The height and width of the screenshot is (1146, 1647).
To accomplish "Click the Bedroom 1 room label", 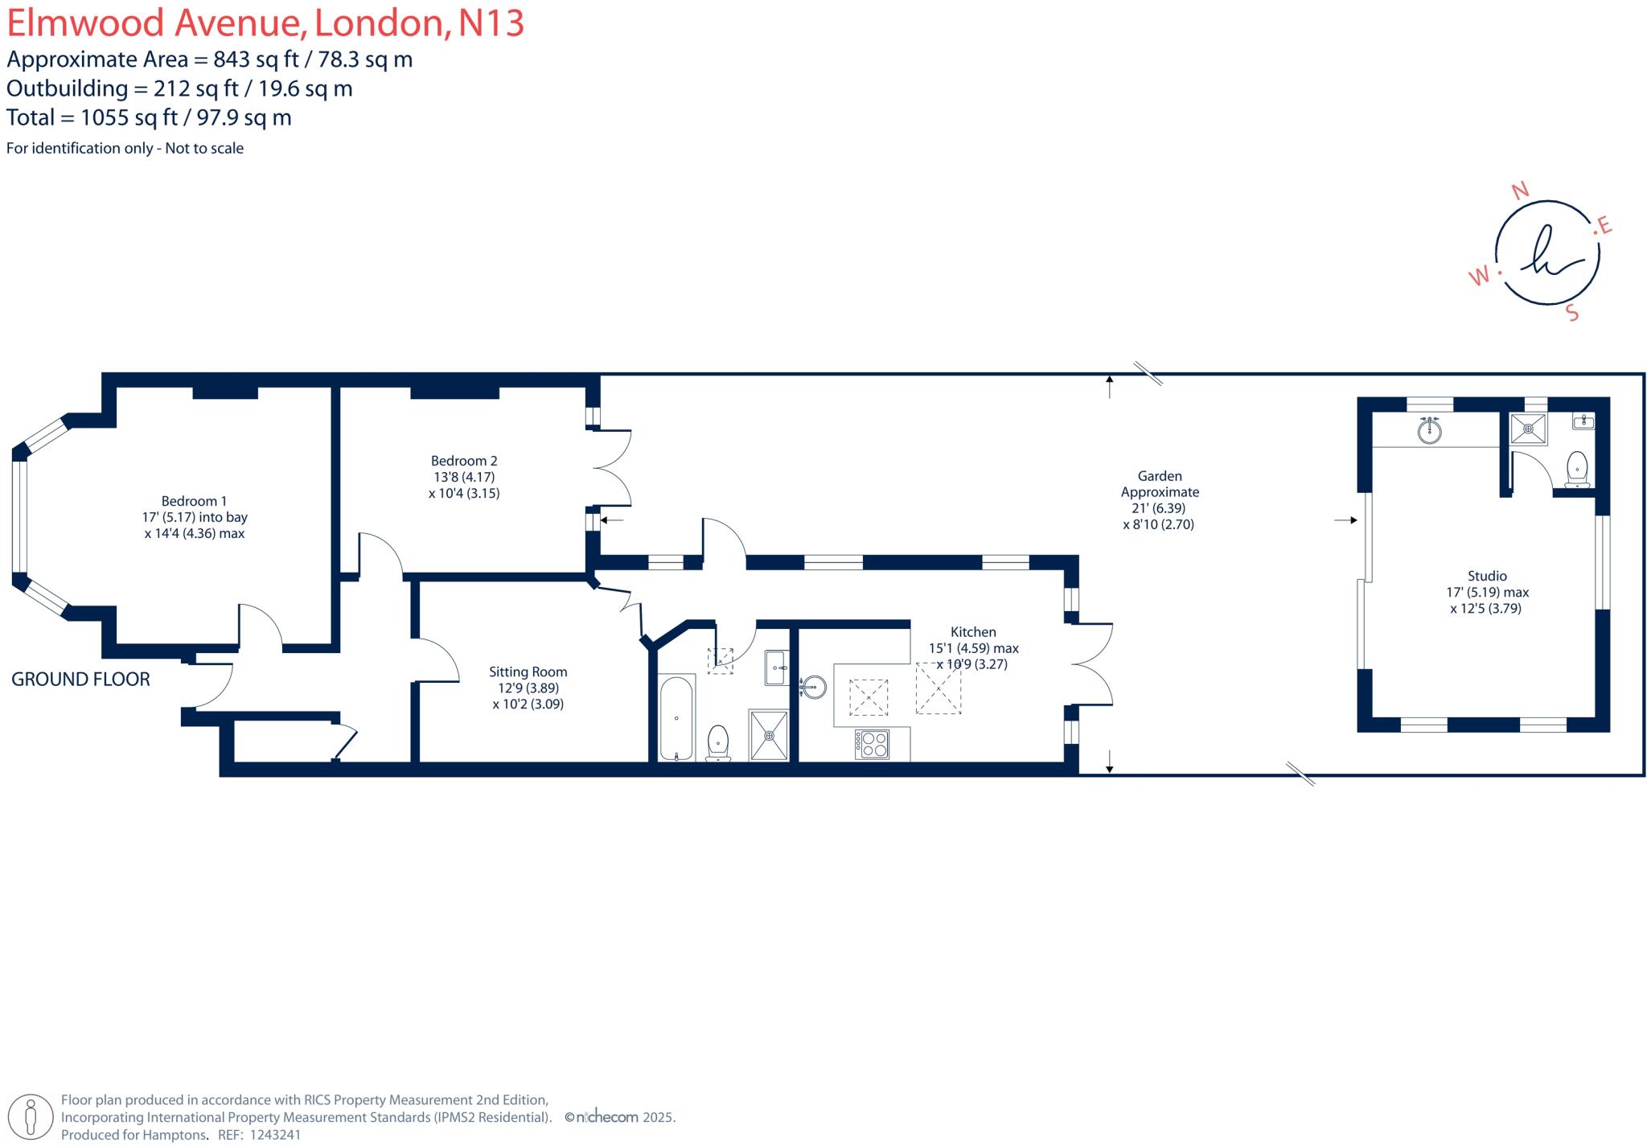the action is tap(194, 501).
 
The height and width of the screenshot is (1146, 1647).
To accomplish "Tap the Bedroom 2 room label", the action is tap(464, 461).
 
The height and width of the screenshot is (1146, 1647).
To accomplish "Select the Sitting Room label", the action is tap(528, 672).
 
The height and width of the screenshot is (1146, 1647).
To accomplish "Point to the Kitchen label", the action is tap(973, 632).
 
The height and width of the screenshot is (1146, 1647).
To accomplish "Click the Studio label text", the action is tap(1487, 576).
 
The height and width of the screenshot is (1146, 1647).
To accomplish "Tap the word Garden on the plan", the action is tap(1160, 476).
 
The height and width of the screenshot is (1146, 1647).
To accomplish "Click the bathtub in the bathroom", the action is tap(676, 718).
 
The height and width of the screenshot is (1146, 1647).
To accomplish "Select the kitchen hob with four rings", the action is tap(872, 743).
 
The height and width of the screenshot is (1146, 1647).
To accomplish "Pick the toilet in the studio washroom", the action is tap(1578, 468).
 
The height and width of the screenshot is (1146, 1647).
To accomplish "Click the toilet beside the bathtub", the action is tap(717, 741).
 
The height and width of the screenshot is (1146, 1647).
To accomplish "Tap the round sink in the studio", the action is tap(1429, 431).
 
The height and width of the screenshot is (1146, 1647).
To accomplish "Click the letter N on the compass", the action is tap(1520, 191).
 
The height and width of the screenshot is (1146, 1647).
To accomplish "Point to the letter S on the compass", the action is tap(1573, 314).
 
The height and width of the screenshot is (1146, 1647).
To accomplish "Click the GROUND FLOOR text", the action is tap(80, 680).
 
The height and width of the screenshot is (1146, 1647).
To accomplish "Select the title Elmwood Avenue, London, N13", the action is tap(265, 23).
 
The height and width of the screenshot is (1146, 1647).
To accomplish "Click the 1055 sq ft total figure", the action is tap(129, 117).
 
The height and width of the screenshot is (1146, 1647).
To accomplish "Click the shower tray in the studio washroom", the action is tap(1528, 429).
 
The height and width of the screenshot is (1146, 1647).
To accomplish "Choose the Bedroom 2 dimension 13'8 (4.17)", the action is tap(464, 477).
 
